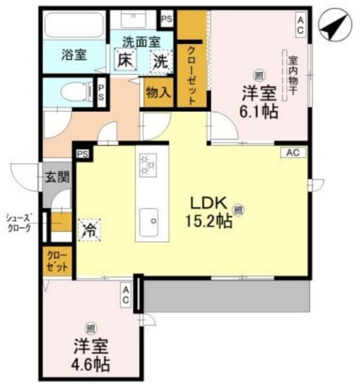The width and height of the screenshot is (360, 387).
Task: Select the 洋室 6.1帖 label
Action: (259, 102)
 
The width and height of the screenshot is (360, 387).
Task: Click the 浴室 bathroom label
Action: (73, 55)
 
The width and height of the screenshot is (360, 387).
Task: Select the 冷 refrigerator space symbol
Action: (89, 228)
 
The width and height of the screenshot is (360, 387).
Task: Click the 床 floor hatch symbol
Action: (124, 60)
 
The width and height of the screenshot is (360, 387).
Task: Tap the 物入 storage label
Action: (158, 92)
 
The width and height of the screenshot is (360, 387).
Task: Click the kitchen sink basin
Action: (151, 221)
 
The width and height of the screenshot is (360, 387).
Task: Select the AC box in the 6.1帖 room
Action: (300, 25)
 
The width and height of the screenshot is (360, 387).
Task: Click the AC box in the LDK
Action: (293, 152)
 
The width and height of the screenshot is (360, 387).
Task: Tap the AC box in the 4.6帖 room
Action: (125, 295)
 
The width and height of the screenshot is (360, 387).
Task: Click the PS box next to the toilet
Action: (101, 92)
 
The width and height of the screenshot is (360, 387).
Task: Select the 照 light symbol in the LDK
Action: (238, 209)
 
